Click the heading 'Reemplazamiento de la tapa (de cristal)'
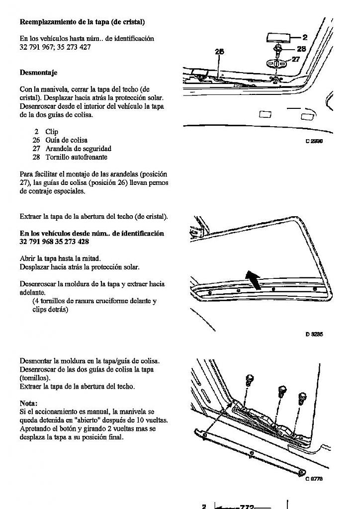[82, 22]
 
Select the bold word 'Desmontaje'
[38, 73]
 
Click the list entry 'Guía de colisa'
[66, 140]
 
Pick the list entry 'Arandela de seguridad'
[78, 149]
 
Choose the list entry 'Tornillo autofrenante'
[76, 157]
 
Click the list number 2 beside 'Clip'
[36, 132]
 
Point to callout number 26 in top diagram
[219, 51]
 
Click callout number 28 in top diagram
[301, 49]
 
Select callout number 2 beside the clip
[305, 37]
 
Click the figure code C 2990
[314, 141]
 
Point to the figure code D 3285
[314, 335]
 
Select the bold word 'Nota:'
[28, 403]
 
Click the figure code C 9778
[314, 479]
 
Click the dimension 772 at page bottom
[247, 507]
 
